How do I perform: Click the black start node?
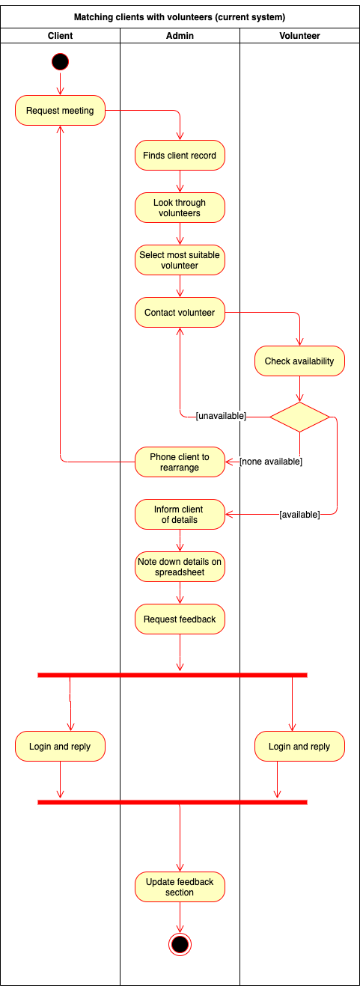60,61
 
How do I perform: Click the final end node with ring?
180,944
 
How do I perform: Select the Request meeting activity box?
60,111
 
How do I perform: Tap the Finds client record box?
180,156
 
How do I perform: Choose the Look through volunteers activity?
180,208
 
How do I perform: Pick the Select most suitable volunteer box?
180,260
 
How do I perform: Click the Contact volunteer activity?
180,313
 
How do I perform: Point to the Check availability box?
299,361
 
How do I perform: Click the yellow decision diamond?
299,417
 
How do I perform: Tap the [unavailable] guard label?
221,416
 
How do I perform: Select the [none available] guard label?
271,462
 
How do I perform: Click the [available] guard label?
299,515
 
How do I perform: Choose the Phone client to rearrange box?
180,462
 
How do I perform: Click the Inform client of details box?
180,515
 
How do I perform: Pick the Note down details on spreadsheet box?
180,567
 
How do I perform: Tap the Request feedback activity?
180,619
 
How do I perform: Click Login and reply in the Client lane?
60,747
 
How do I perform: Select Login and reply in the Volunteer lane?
299,747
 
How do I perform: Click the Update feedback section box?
180,887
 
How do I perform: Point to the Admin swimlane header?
180,36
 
